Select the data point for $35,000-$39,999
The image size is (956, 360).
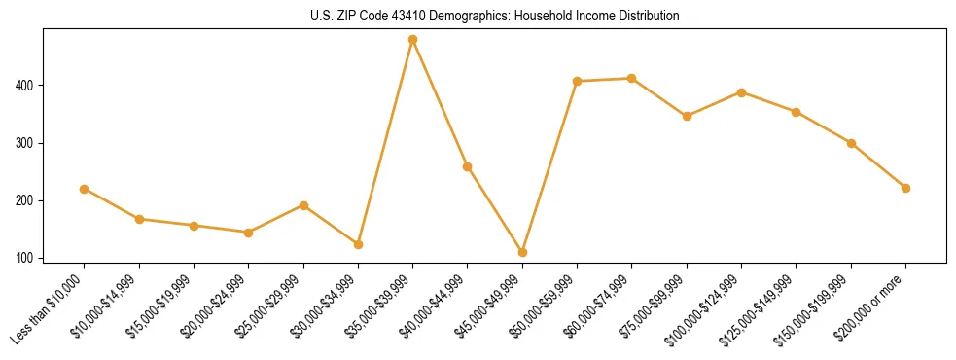413,40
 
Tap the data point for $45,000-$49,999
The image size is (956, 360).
522,252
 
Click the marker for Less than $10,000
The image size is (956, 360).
85,189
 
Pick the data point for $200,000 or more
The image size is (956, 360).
905,188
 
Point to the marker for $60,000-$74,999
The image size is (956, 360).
632,78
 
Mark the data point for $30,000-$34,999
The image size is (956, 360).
358,244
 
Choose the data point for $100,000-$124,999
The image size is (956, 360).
741,92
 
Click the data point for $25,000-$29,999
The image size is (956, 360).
303,205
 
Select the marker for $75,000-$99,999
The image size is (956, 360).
687,116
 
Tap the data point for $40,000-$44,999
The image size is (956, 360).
468,166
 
